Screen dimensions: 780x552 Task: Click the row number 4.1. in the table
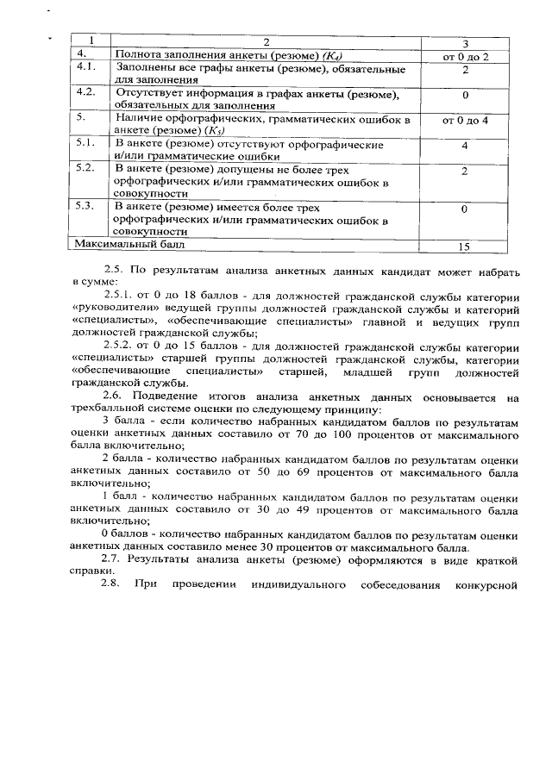[x=85, y=67]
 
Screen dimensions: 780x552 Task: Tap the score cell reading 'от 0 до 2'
[x=465, y=56]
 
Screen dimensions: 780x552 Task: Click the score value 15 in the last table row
[x=464, y=246]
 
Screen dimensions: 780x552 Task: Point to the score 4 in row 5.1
[x=465, y=146]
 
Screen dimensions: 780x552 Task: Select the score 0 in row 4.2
[x=465, y=95]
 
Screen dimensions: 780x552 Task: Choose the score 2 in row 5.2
[x=465, y=172]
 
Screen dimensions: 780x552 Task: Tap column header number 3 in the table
[x=465, y=43]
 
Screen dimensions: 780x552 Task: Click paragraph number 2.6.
[x=114, y=396]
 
